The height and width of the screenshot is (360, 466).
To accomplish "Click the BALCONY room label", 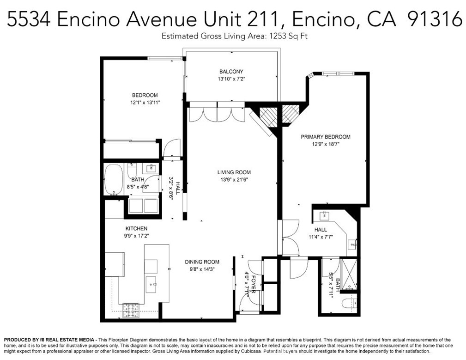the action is [x=231, y=71].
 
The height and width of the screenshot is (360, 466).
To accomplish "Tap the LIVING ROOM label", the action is [x=234, y=172].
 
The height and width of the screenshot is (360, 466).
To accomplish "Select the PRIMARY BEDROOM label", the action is [x=326, y=137].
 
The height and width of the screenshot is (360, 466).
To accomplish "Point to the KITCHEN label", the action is [x=136, y=229].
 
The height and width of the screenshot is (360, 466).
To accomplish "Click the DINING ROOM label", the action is [x=202, y=262].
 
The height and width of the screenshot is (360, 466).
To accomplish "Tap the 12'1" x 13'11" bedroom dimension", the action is [x=145, y=103].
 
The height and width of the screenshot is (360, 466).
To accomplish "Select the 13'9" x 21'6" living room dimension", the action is [x=234, y=180].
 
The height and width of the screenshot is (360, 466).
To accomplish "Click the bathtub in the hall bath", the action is [x=114, y=179].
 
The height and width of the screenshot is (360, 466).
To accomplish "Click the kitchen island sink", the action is [x=151, y=285].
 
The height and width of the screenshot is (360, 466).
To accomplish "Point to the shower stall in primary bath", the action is [x=348, y=274].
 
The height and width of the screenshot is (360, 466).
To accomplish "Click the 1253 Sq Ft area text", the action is [x=288, y=36].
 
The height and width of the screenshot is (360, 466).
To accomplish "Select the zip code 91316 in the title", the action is [x=435, y=19].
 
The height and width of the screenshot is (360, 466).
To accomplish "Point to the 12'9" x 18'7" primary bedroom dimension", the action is [x=326, y=144].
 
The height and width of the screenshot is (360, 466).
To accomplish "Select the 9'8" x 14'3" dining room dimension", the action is [x=202, y=269].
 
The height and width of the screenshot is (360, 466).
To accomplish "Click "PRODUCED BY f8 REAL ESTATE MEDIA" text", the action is [x=49, y=340].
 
